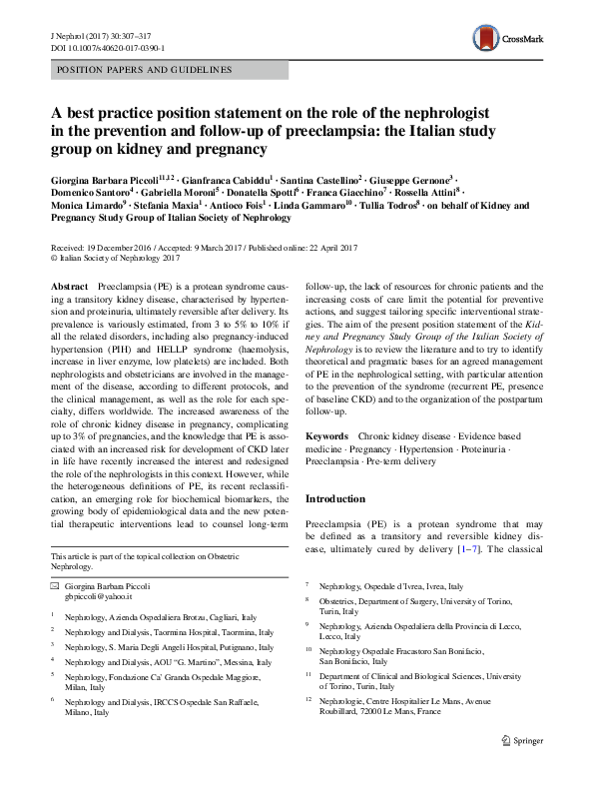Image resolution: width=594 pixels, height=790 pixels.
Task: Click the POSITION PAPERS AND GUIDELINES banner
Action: tap(144, 70)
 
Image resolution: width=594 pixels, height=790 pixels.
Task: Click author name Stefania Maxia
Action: tap(162, 206)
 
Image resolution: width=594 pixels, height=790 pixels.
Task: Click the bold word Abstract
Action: tap(68, 287)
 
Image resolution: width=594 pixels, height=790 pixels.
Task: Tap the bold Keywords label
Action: tap(327, 436)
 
